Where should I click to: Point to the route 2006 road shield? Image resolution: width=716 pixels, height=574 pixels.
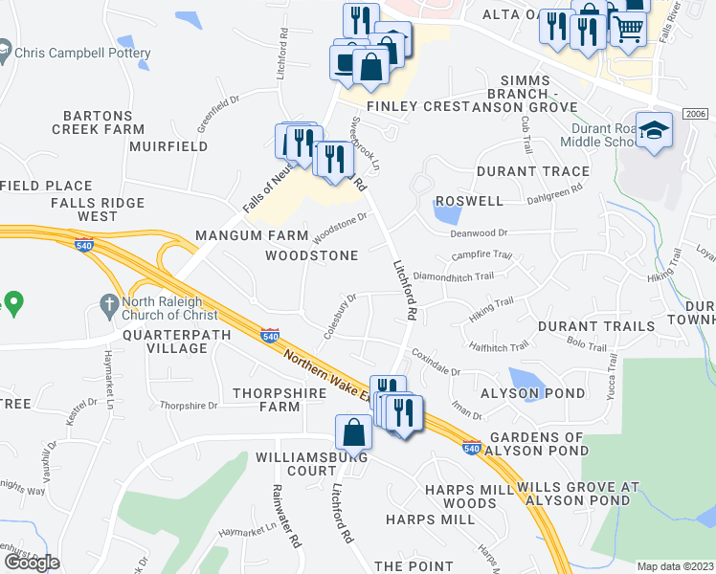pyautogui.click(x=698, y=113)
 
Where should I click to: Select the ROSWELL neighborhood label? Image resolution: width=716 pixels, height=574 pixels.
pyautogui.click(x=469, y=202)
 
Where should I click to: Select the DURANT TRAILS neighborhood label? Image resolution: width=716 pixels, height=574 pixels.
pyautogui.click(x=596, y=326)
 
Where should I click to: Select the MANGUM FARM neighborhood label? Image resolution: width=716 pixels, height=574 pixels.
pyautogui.click(x=242, y=235)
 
